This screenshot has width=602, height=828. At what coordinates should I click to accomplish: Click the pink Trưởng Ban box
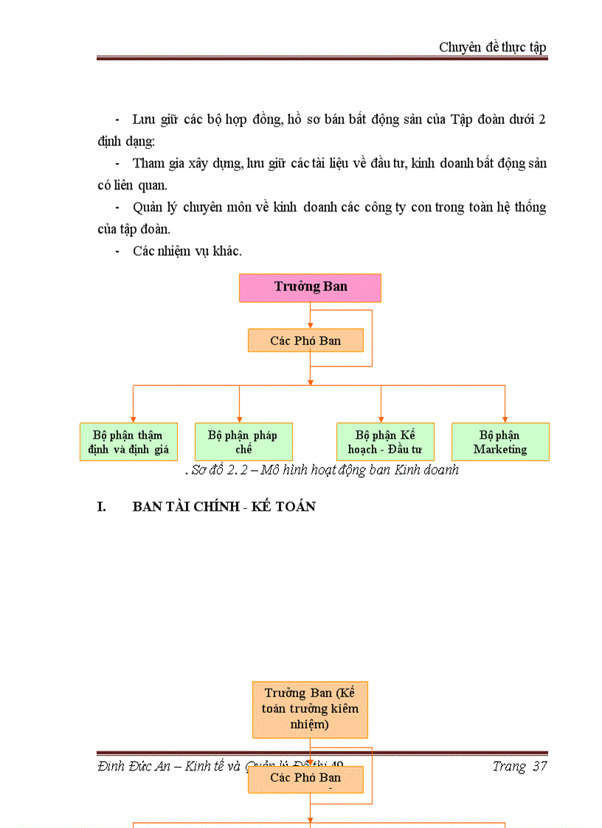pos(310,288)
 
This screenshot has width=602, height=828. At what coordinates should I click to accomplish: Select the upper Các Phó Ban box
pos(305,341)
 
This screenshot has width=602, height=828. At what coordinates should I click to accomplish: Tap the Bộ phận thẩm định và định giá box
pos(128,442)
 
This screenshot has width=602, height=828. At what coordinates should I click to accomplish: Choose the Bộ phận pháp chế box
pos(243,442)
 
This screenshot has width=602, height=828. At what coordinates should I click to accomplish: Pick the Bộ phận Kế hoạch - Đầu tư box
pos(385,442)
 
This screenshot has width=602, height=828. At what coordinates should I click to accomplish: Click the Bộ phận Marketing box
pos(500,442)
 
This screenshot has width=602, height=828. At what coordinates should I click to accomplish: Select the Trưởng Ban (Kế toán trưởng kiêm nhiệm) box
pos(310,709)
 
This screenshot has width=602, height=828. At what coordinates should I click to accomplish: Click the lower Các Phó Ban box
pos(305,779)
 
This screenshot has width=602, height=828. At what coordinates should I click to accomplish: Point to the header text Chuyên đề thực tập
pos(492,47)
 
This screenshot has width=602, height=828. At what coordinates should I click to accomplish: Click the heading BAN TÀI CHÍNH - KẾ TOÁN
pos(224,507)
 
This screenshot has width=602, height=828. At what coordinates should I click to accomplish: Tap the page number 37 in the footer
pos(539,766)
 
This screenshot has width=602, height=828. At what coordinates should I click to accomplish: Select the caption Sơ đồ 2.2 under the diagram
pos(322,470)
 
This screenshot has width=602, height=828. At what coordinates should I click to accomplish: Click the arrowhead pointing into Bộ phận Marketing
pos(505,419)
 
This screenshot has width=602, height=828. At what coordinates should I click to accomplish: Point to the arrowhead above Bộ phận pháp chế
pos(239,419)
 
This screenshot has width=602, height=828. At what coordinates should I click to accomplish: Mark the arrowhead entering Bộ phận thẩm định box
pos(133,419)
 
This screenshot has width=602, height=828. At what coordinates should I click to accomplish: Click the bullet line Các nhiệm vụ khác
pos(187,251)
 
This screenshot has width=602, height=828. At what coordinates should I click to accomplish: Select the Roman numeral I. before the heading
pos(103,507)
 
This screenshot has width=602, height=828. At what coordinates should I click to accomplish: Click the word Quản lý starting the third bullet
pos(154,207)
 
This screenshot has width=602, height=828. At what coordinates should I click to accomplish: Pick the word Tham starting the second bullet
pos(148,163)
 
